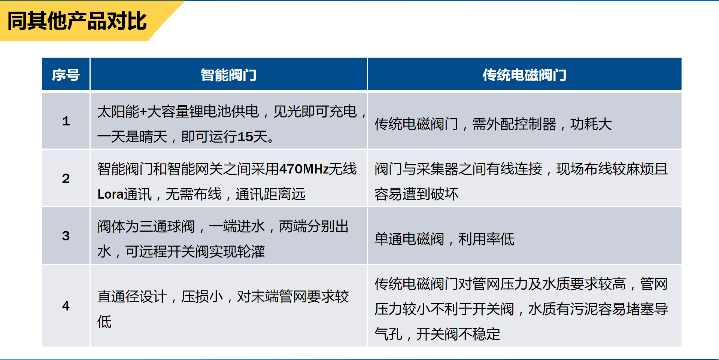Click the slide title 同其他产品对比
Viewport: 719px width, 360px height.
[77, 21]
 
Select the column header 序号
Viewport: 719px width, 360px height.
[66, 75]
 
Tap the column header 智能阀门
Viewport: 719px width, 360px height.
[228, 75]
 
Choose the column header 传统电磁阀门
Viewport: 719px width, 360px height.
[524, 75]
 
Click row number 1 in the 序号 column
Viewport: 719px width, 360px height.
[66, 121]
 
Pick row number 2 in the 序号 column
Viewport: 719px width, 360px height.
[66, 178]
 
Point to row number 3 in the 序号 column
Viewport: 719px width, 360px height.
[66, 235]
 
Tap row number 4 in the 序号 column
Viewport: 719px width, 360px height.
[66, 306]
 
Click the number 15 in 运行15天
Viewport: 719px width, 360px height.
[245, 137]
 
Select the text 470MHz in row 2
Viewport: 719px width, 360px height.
[304, 169]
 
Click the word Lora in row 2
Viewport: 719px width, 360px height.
[110, 194]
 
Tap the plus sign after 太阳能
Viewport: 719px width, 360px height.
[143, 112]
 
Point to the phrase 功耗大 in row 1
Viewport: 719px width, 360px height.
[591, 124]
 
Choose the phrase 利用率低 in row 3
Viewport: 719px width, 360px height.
[486, 239]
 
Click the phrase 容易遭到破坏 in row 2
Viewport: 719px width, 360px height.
[416, 194]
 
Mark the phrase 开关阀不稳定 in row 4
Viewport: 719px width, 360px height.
[458, 334]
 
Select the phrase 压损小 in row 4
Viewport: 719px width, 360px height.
[202, 296]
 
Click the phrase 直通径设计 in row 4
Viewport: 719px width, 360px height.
[132, 296]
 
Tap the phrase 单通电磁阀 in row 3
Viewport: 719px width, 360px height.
[409, 239]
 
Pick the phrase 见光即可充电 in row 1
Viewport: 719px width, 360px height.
[315, 112]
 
